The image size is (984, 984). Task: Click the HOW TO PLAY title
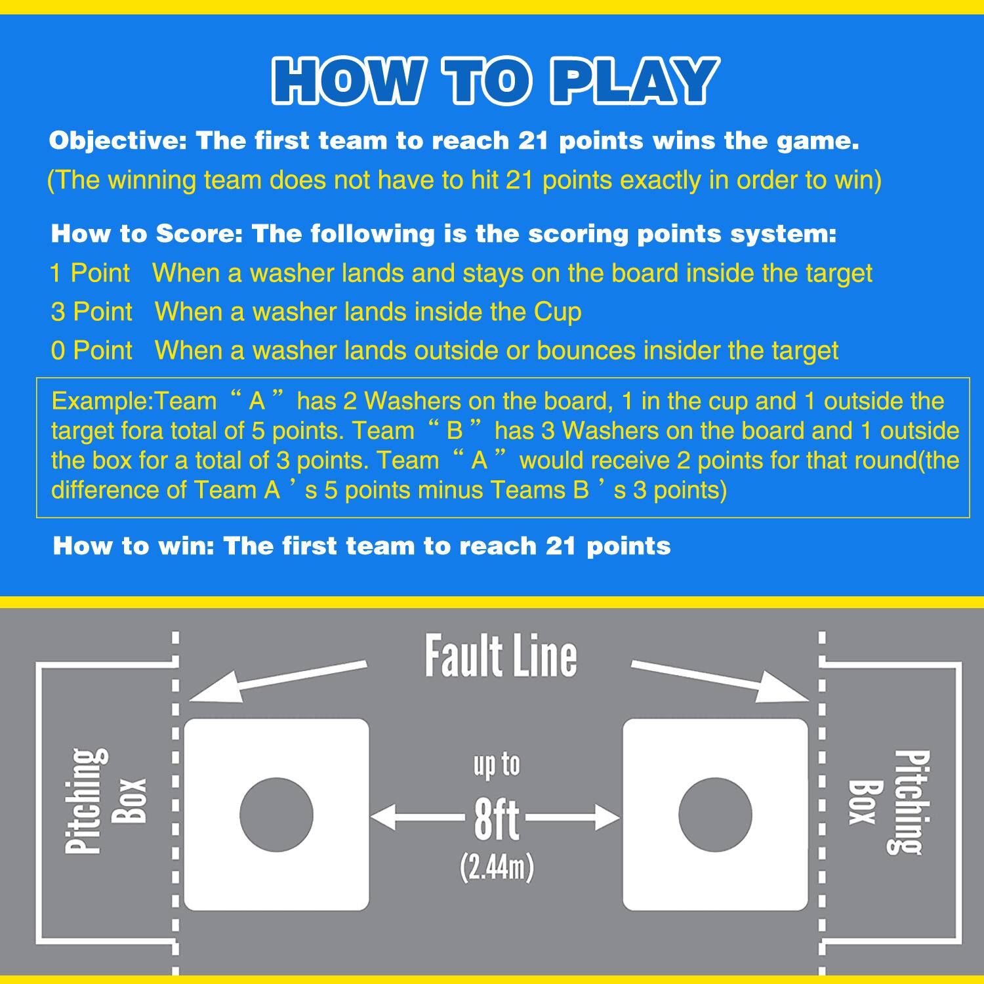point(492,81)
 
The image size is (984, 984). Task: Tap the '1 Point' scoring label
point(90,273)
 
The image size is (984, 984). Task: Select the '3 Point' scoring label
point(91,312)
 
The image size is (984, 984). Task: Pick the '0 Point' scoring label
point(91,350)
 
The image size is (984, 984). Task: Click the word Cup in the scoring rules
point(557,312)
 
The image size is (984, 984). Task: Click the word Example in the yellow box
point(100,401)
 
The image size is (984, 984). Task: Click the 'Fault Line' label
point(501,656)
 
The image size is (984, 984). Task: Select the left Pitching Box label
point(105,800)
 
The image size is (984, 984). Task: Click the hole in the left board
point(276,815)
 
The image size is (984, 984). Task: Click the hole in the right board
point(714,815)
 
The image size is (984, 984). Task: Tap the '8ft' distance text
point(497,819)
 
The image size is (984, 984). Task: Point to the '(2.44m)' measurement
point(497,867)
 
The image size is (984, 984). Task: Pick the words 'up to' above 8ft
point(497,766)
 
